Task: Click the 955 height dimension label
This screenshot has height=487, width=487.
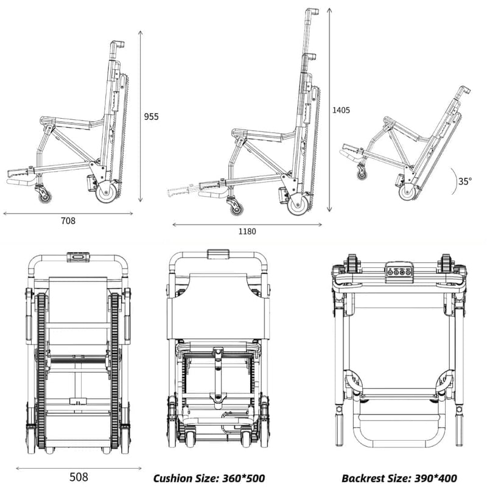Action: coord(150,116)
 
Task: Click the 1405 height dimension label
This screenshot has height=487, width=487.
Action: coord(342,110)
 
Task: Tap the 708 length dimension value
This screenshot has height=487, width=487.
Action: coord(68,221)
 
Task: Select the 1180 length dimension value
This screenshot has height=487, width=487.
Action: coord(247,231)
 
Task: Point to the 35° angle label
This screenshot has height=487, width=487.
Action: coord(465,181)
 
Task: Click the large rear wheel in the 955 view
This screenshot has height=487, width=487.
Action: coord(107,194)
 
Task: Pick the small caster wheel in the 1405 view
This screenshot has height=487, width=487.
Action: coord(235,208)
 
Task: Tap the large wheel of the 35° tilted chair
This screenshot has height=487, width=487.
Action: coord(408,192)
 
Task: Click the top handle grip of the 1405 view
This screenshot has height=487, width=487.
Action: coord(312,11)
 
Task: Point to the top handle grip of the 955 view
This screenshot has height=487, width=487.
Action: coord(117,44)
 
